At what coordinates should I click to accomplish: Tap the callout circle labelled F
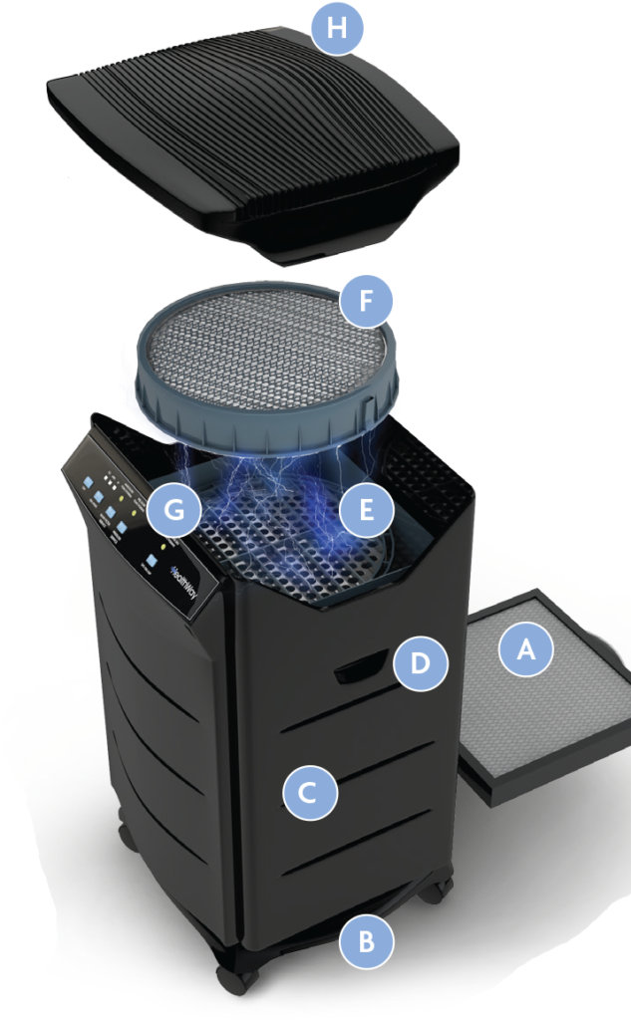click(x=366, y=301)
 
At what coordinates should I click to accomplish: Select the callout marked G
click(x=173, y=511)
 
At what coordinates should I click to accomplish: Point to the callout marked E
click(x=366, y=511)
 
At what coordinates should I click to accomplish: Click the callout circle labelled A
click(x=524, y=649)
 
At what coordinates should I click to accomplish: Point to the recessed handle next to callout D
click(x=361, y=667)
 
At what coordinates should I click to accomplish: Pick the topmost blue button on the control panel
click(x=88, y=481)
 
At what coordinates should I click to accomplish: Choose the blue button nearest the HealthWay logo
click(x=152, y=561)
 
